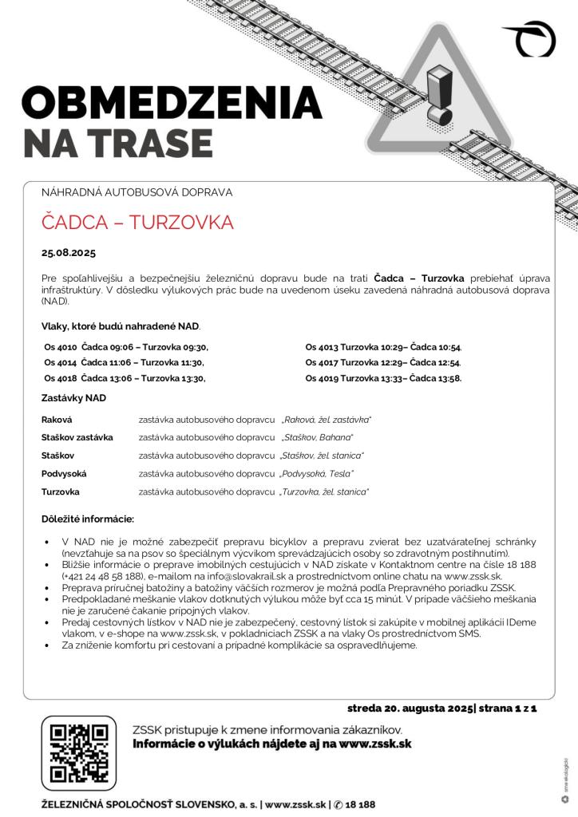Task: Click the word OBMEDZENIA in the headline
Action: pyautogui.click(x=172, y=102)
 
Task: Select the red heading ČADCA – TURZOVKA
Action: pyautogui.click(x=137, y=223)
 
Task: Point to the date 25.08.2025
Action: pyautogui.click(x=69, y=254)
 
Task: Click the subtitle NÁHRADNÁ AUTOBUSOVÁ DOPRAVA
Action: pyautogui.click(x=137, y=192)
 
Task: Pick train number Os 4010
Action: pyautogui.click(x=61, y=347)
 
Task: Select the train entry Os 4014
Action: pyautogui.click(x=61, y=362)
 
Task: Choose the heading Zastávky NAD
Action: pyautogui.click(x=73, y=397)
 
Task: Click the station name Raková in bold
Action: pyautogui.click(x=57, y=419)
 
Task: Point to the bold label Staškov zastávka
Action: pyautogui.click(x=77, y=437)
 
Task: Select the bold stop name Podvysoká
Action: pyautogui.click(x=64, y=474)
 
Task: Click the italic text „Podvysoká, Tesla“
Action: pyautogui.click(x=317, y=474)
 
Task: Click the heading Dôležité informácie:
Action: pyautogui.click(x=88, y=519)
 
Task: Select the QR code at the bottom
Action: pyautogui.click(x=79, y=752)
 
